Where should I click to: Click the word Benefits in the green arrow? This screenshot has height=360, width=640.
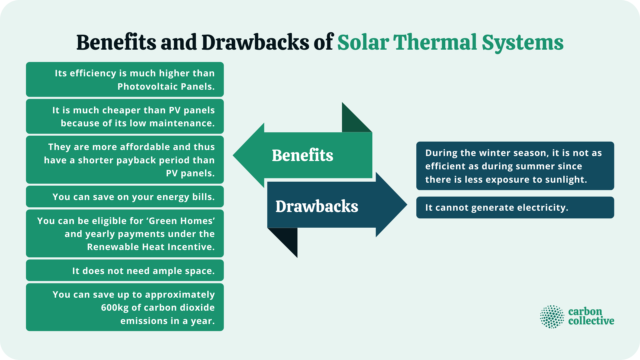(x=302, y=155)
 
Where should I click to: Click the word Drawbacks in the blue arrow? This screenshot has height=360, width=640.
(x=317, y=206)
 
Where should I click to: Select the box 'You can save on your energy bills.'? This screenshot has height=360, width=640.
(x=125, y=197)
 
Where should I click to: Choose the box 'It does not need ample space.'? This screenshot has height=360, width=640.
(x=125, y=270)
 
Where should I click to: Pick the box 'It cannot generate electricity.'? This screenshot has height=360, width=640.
(x=515, y=207)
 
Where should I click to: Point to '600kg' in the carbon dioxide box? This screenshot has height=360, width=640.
(x=115, y=307)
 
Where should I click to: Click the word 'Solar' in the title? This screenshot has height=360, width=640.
(x=363, y=43)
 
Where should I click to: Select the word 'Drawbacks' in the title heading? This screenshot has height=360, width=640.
(x=255, y=43)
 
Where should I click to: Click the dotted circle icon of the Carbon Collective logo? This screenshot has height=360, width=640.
(x=552, y=317)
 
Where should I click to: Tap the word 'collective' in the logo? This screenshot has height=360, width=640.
(x=591, y=321)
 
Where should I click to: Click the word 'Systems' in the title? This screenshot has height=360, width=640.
(x=522, y=43)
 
